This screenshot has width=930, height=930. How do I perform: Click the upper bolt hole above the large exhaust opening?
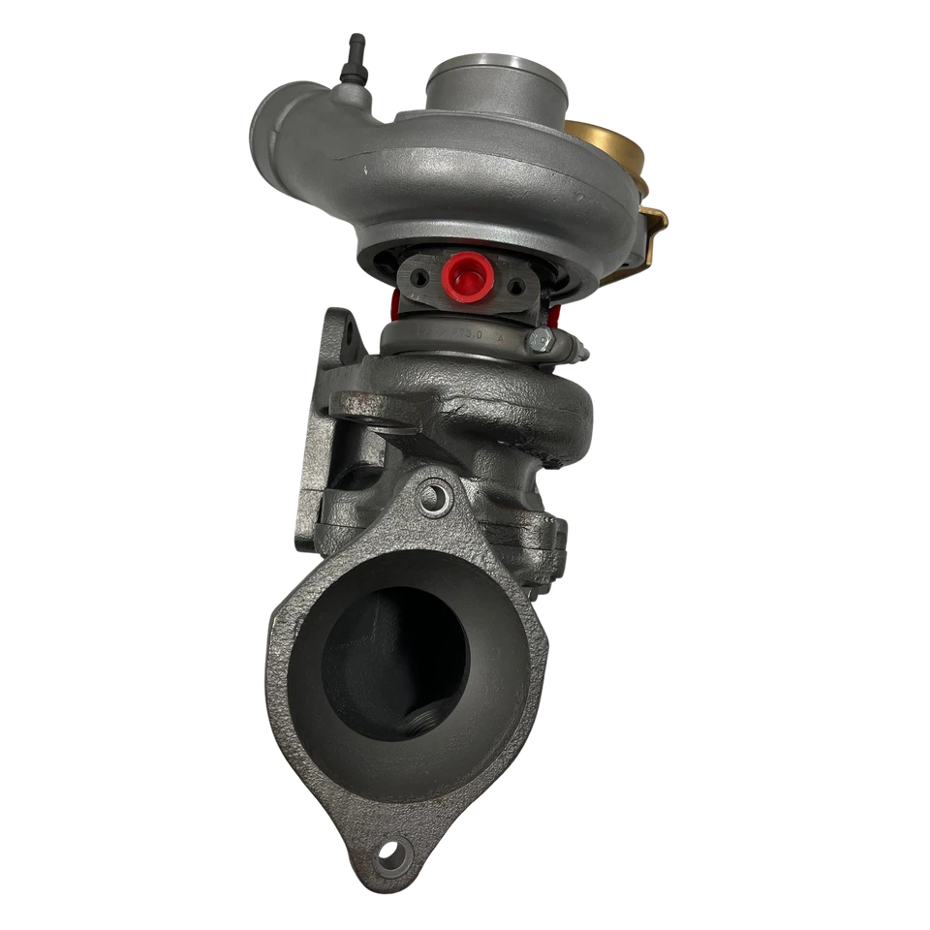434,499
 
